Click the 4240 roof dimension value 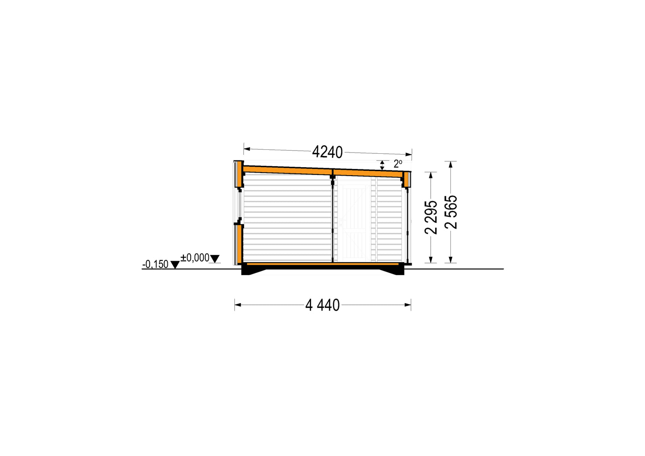click(x=327, y=152)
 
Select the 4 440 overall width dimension click(x=322, y=305)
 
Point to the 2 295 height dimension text click(x=431, y=218)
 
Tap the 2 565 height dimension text click(x=451, y=212)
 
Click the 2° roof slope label click(x=398, y=164)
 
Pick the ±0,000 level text click(x=195, y=258)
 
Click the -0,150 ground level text click(x=155, y=264)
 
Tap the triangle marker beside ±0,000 click(x=215, y=259)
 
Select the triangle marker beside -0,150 click(x=175, y=265)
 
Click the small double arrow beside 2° click(x=382, y=165)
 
